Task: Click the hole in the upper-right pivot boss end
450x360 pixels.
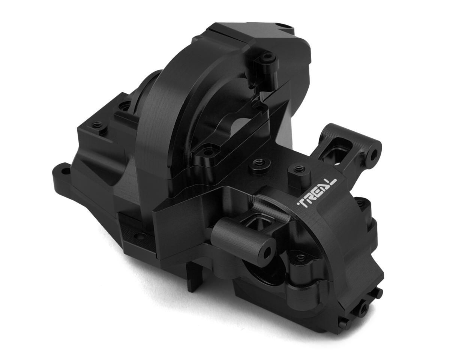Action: point(374,154)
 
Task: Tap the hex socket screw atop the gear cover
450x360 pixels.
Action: point(267,57)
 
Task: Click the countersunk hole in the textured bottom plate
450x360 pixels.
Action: point(140,236)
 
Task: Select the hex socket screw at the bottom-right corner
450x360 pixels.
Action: point(363,310)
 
